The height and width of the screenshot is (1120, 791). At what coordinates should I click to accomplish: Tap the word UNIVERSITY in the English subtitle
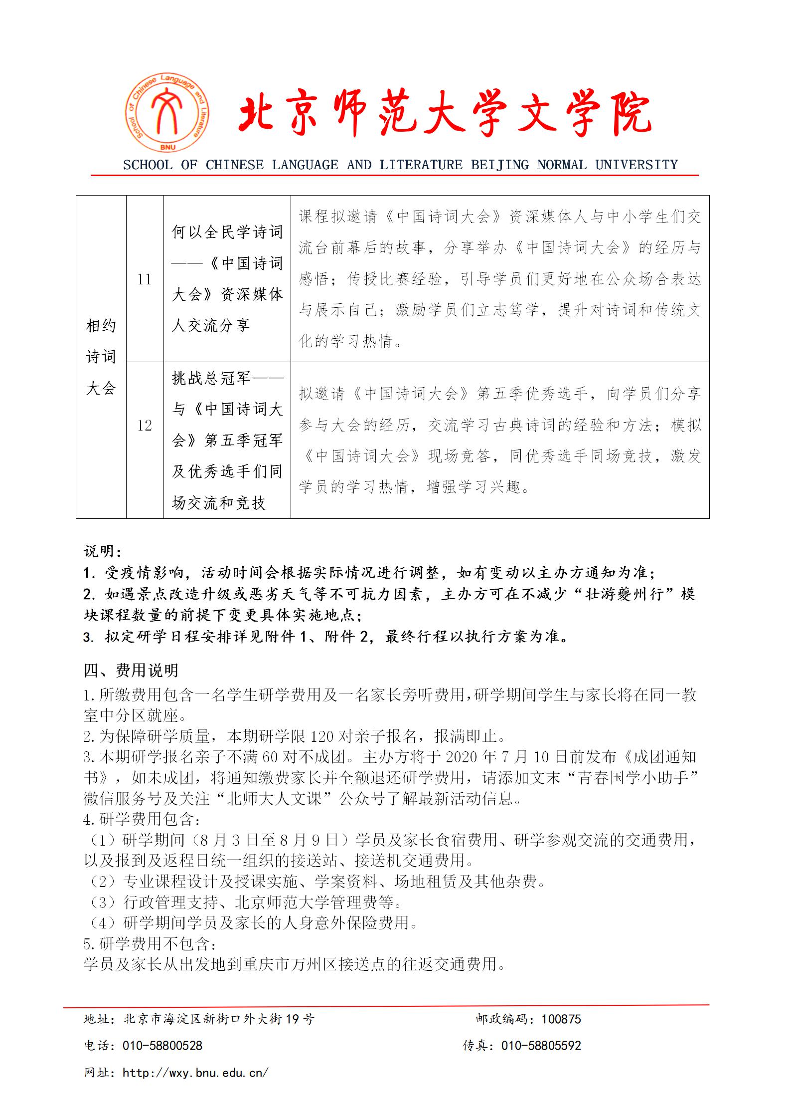636,165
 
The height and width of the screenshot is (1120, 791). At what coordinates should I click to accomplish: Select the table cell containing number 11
145,279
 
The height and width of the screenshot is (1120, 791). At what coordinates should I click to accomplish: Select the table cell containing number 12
145,426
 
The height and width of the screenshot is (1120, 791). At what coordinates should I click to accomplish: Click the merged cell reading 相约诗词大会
101,357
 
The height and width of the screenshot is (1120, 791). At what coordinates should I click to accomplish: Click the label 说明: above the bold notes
102,551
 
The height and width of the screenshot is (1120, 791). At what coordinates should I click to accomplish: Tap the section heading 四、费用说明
131,671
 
